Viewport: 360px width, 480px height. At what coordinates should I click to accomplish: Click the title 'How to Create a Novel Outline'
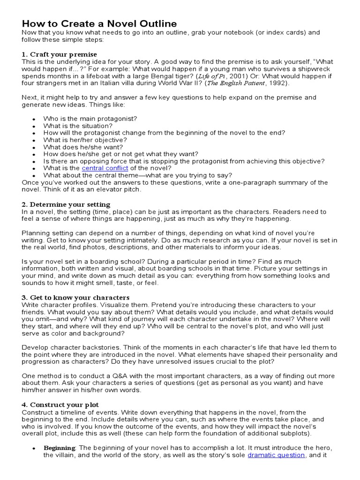pos(99,23)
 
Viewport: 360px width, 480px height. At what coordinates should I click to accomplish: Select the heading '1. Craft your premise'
pos(60,54)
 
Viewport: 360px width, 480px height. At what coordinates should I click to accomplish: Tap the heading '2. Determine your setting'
pos(66,204)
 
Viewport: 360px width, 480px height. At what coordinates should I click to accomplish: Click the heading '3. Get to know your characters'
pos(75,298)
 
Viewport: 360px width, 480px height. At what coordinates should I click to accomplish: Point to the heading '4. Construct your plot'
pos(60,405)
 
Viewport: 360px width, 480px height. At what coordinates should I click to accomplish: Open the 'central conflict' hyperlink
pos(105,168)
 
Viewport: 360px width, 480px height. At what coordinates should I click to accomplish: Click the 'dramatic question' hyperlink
pos(276,455)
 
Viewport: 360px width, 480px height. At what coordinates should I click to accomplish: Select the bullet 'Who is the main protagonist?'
pos(90,119)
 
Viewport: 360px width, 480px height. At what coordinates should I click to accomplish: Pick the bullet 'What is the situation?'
pos(78,126)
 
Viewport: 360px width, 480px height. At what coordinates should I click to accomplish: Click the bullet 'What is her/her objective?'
pos(85,140)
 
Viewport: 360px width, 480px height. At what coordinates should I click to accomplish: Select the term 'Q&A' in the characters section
pos(128,376)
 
